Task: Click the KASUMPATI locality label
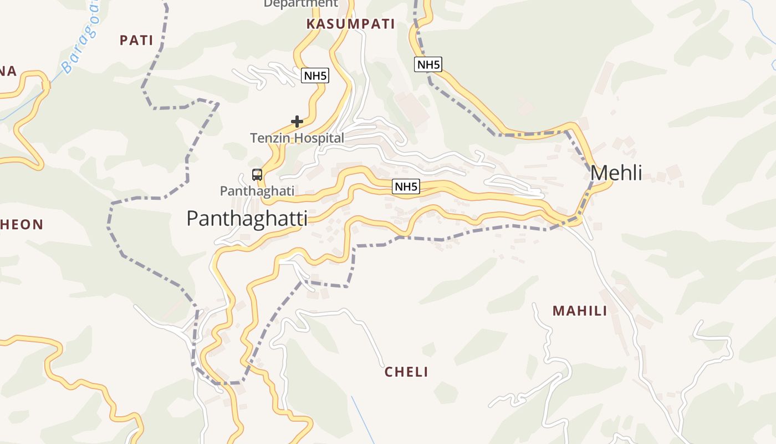(x=350, y=24)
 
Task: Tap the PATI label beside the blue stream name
(x=136, y=40)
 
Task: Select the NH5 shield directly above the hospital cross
(x=315, y=75)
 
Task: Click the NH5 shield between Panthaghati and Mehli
(x=406, y=186)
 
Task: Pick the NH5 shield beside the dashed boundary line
(x=428, y=64)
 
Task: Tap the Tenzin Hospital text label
(x=297, y=138)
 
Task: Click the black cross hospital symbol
(x=297, y=121)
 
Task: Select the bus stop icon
(x=257, y=175)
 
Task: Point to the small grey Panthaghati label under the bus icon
(x=257, y=191)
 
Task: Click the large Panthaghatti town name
(x=247, y=219)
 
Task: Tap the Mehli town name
(x=616, y=173)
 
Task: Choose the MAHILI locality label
(x=580, y=311)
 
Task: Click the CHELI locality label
(x=406, y=372)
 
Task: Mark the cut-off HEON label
(x=22, y=225)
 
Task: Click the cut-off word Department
(x=300, y=4)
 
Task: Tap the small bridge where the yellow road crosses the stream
(x=46, y=85)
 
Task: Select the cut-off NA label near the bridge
(x=8, y=71)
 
